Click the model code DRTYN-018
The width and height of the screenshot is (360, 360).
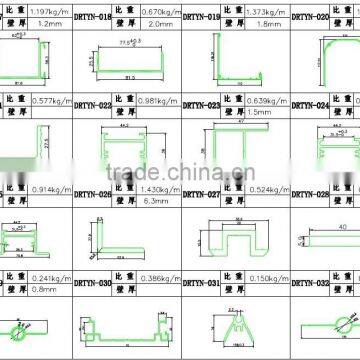click(93, 19)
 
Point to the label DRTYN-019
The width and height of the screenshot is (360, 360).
click(200, 19)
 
